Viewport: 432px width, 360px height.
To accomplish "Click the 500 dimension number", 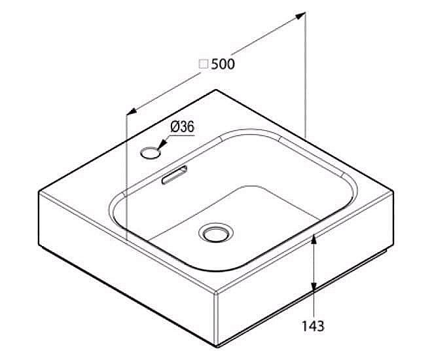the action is (x=223, y=64).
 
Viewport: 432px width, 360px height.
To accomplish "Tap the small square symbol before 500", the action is (x=204, y=64).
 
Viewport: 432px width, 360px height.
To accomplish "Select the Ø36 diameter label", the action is (x=183, y=127).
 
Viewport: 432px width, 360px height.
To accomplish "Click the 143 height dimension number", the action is (x=313, y=326).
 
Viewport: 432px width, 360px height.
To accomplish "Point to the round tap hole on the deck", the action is (x=150, y=153).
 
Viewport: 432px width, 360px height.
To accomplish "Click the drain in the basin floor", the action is (x=216, y=233).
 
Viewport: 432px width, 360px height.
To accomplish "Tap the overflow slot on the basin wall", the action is (x=174, y=175).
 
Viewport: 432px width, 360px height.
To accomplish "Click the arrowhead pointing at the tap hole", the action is (x=162, y=144).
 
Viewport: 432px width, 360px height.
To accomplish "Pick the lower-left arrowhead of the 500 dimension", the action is (x=132, y=111).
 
